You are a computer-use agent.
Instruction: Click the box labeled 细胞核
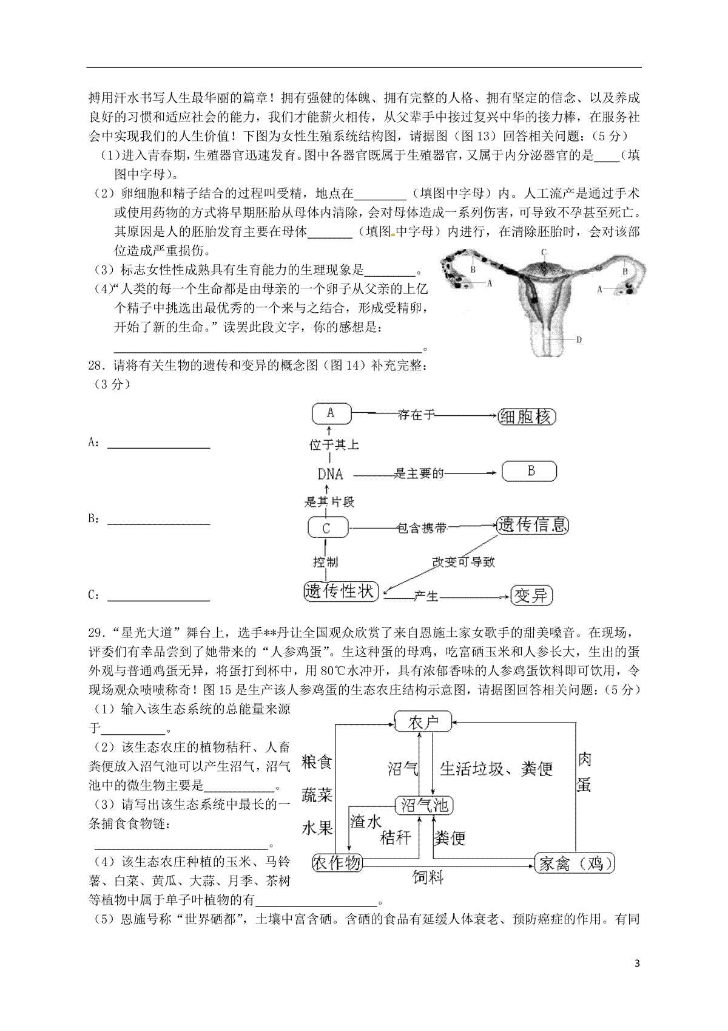click(x=527, y=417)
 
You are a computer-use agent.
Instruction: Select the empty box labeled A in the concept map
click(x=331, y=413)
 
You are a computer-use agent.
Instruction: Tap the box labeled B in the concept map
click(x=530, y=471)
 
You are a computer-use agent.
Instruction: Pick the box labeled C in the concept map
click(x=328, y=528)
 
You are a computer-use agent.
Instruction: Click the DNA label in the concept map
click(x=330, y=474)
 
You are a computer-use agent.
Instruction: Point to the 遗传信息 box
click(x=533, y=525)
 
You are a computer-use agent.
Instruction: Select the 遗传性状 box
click(x=341, y=591)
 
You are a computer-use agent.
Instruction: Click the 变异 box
click(x=531, y=595)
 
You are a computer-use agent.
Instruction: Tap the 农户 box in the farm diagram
click(x=423, y=723)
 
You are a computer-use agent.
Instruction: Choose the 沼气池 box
click(x=425, y=805)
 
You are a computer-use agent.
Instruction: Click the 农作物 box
click(x=337, y=863)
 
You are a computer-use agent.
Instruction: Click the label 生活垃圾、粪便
click(x=496, y=769)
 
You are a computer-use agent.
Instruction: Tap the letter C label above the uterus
click(x=544, y=251)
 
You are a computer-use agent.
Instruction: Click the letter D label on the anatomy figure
click(x=579, y=340)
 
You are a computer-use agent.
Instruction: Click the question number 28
click(x=94, y=366)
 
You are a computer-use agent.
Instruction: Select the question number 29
click(x=94, y=634)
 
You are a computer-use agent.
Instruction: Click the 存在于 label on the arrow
click(x=416, y=415)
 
